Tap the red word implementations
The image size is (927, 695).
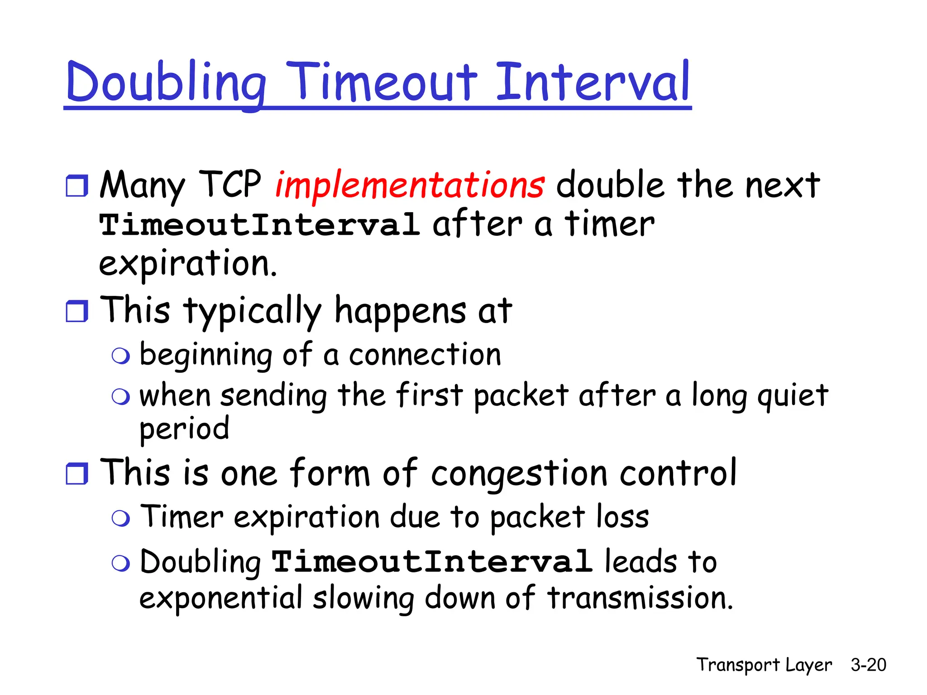(x=410, y=185)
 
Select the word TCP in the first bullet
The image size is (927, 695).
(x=230, y=184)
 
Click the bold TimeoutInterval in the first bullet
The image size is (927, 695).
(x=259, y=225)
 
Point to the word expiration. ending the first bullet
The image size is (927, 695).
(x=187, y=264)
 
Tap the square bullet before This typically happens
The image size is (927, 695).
(x=77, y=311)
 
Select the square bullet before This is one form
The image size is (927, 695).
(x=77, y=473)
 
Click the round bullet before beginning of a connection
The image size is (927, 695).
(x=121, y=356)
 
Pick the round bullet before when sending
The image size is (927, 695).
(x=121, y=397)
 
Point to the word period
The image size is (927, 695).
(x=184, y=429)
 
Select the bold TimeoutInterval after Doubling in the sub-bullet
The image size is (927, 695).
(x=432, y=562)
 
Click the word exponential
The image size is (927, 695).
(x=220, y=599)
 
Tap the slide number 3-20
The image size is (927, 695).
(x=868, y=665)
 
